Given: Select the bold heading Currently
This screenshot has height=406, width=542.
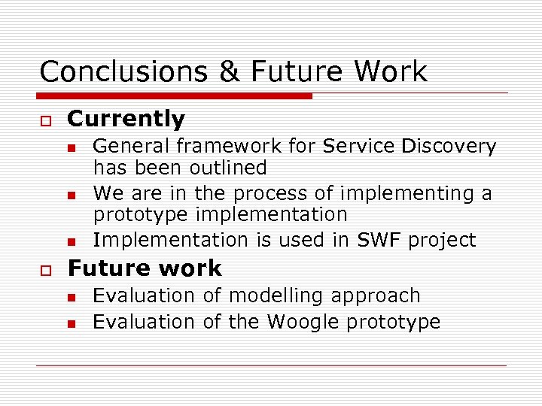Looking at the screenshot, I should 126,119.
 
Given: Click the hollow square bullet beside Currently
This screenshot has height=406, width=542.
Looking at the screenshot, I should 45,120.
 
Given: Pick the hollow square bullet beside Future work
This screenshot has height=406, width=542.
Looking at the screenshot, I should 45,270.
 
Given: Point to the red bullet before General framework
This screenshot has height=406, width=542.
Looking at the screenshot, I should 72,147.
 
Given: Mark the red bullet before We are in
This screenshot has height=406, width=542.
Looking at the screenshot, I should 72,195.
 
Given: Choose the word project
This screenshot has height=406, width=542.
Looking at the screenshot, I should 443,241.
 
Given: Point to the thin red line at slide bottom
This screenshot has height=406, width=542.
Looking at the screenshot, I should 271,365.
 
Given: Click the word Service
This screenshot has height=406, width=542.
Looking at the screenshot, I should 357,146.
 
